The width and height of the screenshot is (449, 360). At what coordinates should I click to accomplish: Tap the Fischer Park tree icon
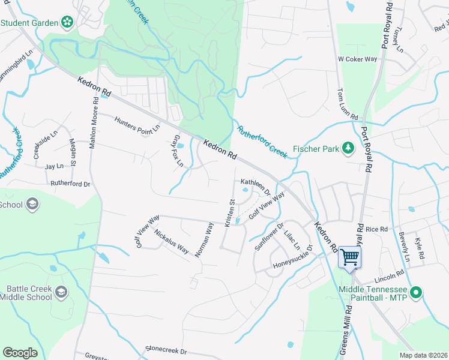click(x=347, y=148)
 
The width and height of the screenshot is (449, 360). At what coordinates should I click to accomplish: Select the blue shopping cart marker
click(x=349, y=257)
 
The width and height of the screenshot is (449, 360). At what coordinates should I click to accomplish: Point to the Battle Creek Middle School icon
click(x=60, y=292)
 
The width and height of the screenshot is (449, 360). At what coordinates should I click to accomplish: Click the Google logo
click(x=20, y=353)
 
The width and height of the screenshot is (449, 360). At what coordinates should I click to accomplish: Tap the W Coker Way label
click(x=357, y=59)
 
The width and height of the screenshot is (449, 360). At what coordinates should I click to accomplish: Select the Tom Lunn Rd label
click(x=348, y=104)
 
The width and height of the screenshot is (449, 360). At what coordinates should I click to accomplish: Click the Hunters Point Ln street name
click(x=137, y=124)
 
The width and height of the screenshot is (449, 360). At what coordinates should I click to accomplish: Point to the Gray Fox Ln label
click(x=177, y=148)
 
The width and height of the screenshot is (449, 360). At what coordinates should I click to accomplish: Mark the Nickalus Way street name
click(x=171, y=241)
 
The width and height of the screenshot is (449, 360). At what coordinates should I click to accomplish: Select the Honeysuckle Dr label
click(x=293, y=257)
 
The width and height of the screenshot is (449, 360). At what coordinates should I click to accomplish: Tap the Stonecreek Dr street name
click(x=167, y=350)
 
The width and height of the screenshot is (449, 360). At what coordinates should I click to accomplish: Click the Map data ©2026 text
click(x=423, y=355)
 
